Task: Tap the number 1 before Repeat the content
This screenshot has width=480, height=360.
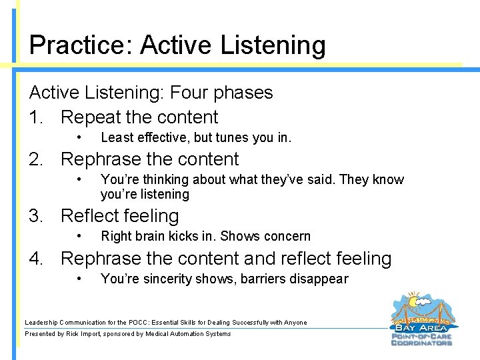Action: [35, 117]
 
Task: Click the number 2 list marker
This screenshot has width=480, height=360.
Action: [35, 159]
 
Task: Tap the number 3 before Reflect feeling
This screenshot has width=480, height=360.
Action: [35, 216]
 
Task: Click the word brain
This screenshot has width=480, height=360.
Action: [147, 236]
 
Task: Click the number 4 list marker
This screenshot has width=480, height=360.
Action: [35, 259]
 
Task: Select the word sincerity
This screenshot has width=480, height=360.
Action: [162, 279]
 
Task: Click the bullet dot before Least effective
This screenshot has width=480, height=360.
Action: [79, 138]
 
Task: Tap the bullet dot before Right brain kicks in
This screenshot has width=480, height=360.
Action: [79, 236]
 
